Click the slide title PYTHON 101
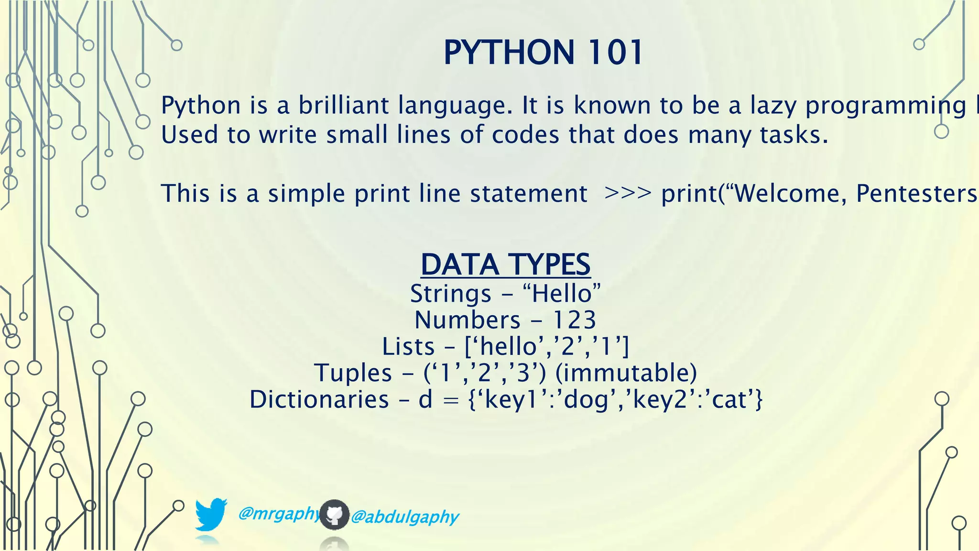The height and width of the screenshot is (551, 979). pyautogui.click(x=543, y=52)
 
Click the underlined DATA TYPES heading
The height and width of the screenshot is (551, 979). pyautogui.click(x=505, y=264)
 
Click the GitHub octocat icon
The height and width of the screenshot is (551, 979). pyautogui.click(x=334, y=515)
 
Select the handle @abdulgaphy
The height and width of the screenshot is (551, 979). pyautogui.click(x=404, y=517)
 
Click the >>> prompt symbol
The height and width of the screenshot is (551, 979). pyautogui.click(x=627, y=193)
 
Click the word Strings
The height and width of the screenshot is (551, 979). pyautogui.click(x=450, y=294)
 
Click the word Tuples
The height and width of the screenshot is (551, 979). pyautogui.click(x=353, y=373)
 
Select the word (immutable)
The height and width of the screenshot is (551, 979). pyautogui.click(x=626, y=373)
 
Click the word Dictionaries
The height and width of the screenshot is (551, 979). pyautogui.click(x=319, y=399)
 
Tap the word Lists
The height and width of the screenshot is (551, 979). pyautogui.click(x=408, y=346)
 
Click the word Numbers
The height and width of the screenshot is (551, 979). pyautogui.click(x=467, y=320)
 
